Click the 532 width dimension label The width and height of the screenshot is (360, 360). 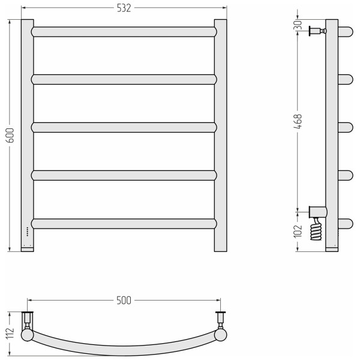pyautogui.click(x=124, y=8)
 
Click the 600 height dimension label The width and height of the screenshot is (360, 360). pyautogui.click(x=11, y=136)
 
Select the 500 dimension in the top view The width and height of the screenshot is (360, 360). pyautogui.click(x=124, y=301)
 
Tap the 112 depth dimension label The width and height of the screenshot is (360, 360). pyautogui.click(x=10, y=333)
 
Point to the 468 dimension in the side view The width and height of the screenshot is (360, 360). pyautogui.click(x=298, y=122)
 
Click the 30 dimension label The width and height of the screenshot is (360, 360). pyautogui.click(x=298, y=25)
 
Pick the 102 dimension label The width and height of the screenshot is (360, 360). pyautogui.click(x=298, y=231)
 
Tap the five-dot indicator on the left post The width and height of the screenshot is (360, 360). pyautogui.click(x=28, y=232)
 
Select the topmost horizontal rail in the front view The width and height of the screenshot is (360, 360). pyautogui.click(x=124, y=32)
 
